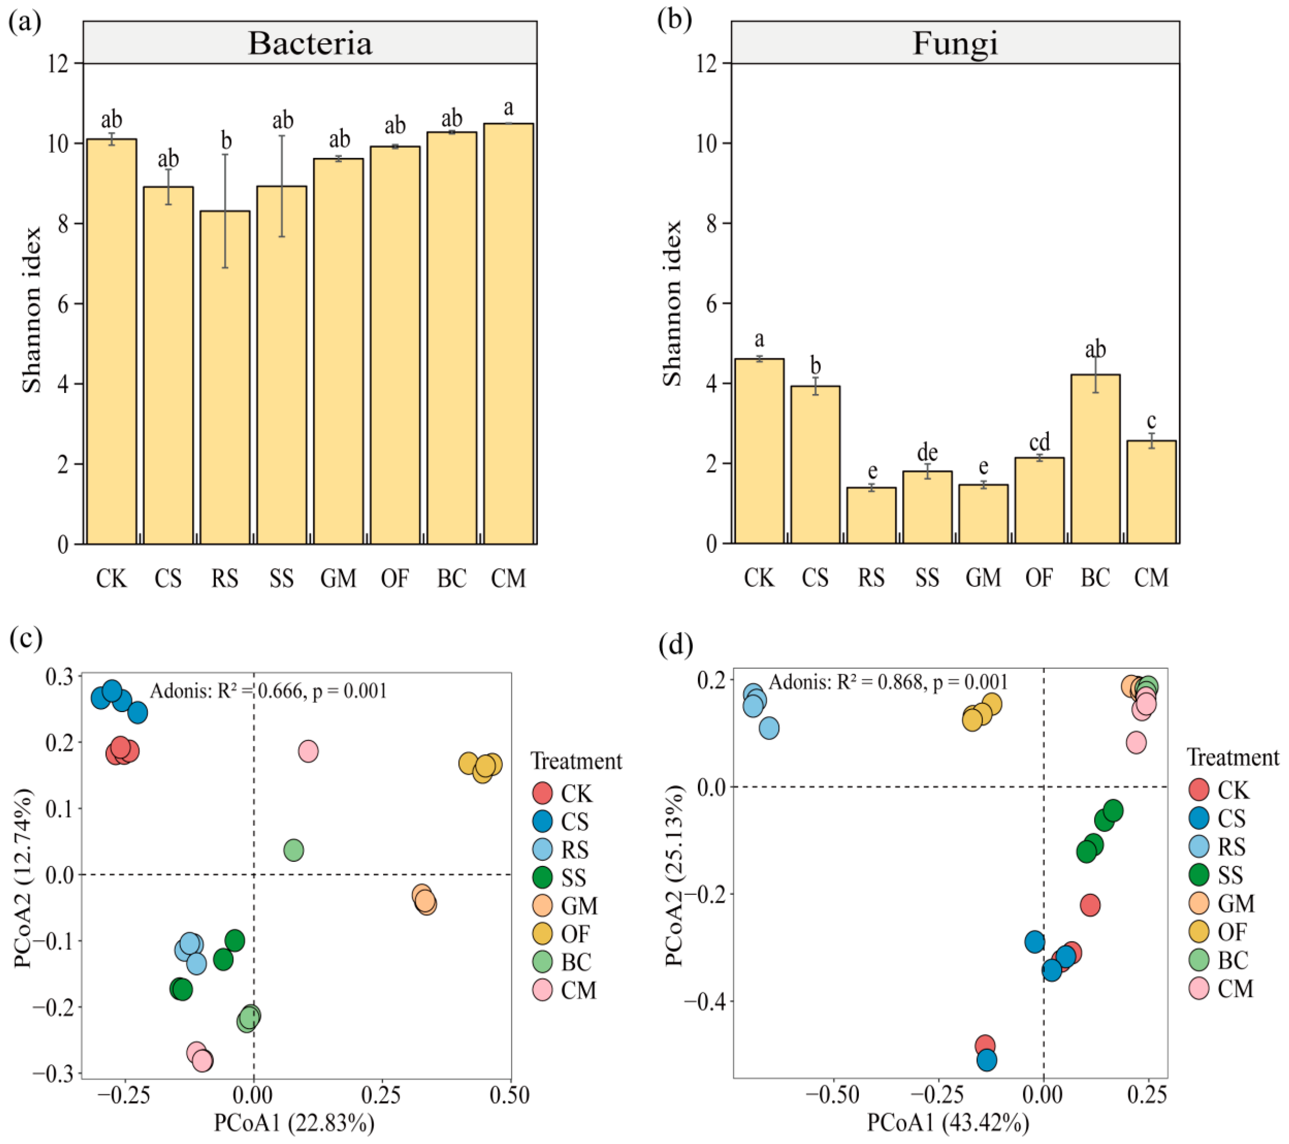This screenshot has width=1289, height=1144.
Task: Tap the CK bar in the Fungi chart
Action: click(x=759, y=451)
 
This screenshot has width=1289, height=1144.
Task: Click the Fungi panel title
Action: click(x=955, y=43)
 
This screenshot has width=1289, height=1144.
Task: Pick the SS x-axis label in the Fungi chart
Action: click(x=927, y=578)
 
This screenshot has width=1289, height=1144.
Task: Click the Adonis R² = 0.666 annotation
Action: click(x=268, y=691)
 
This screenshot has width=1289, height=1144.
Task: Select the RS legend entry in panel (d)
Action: click(x=1231, y=847)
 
